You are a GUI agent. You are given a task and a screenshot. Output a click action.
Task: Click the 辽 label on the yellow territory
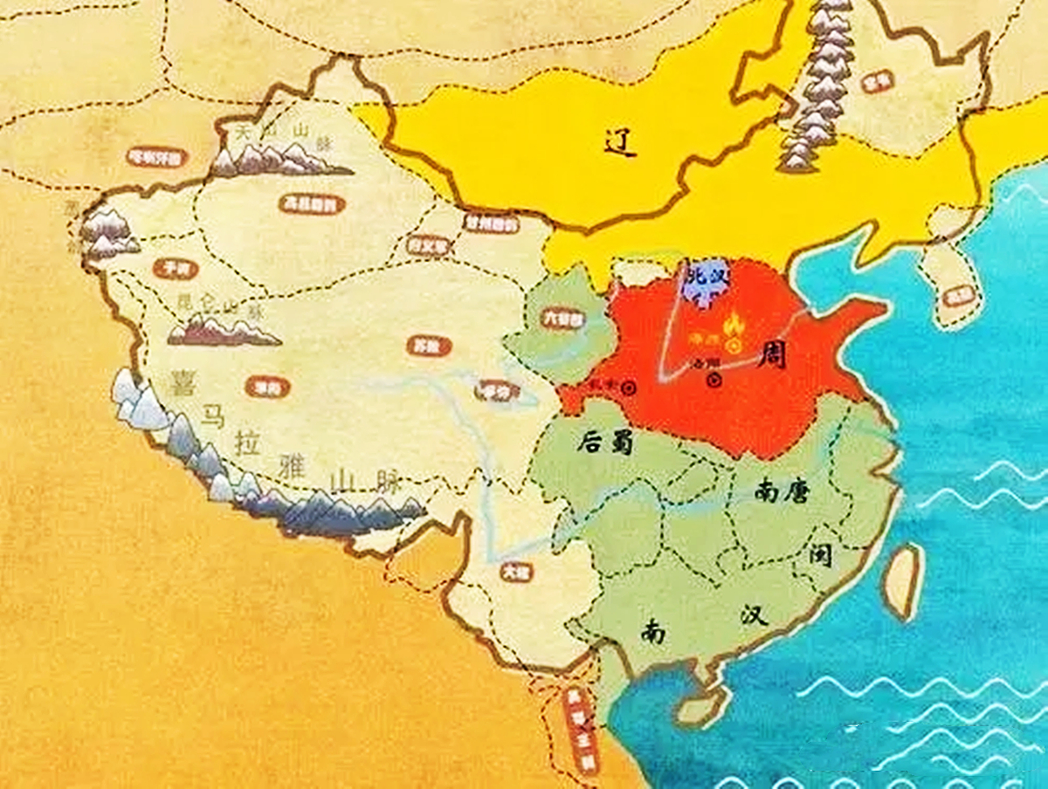[x=619, y=141]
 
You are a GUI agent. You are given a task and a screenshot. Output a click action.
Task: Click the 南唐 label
[x=781, y=491]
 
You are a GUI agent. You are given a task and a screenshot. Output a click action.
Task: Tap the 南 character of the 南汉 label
[x=652, y=630]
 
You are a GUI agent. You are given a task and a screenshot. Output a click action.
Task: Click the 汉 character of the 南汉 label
[x=752, y=614]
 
